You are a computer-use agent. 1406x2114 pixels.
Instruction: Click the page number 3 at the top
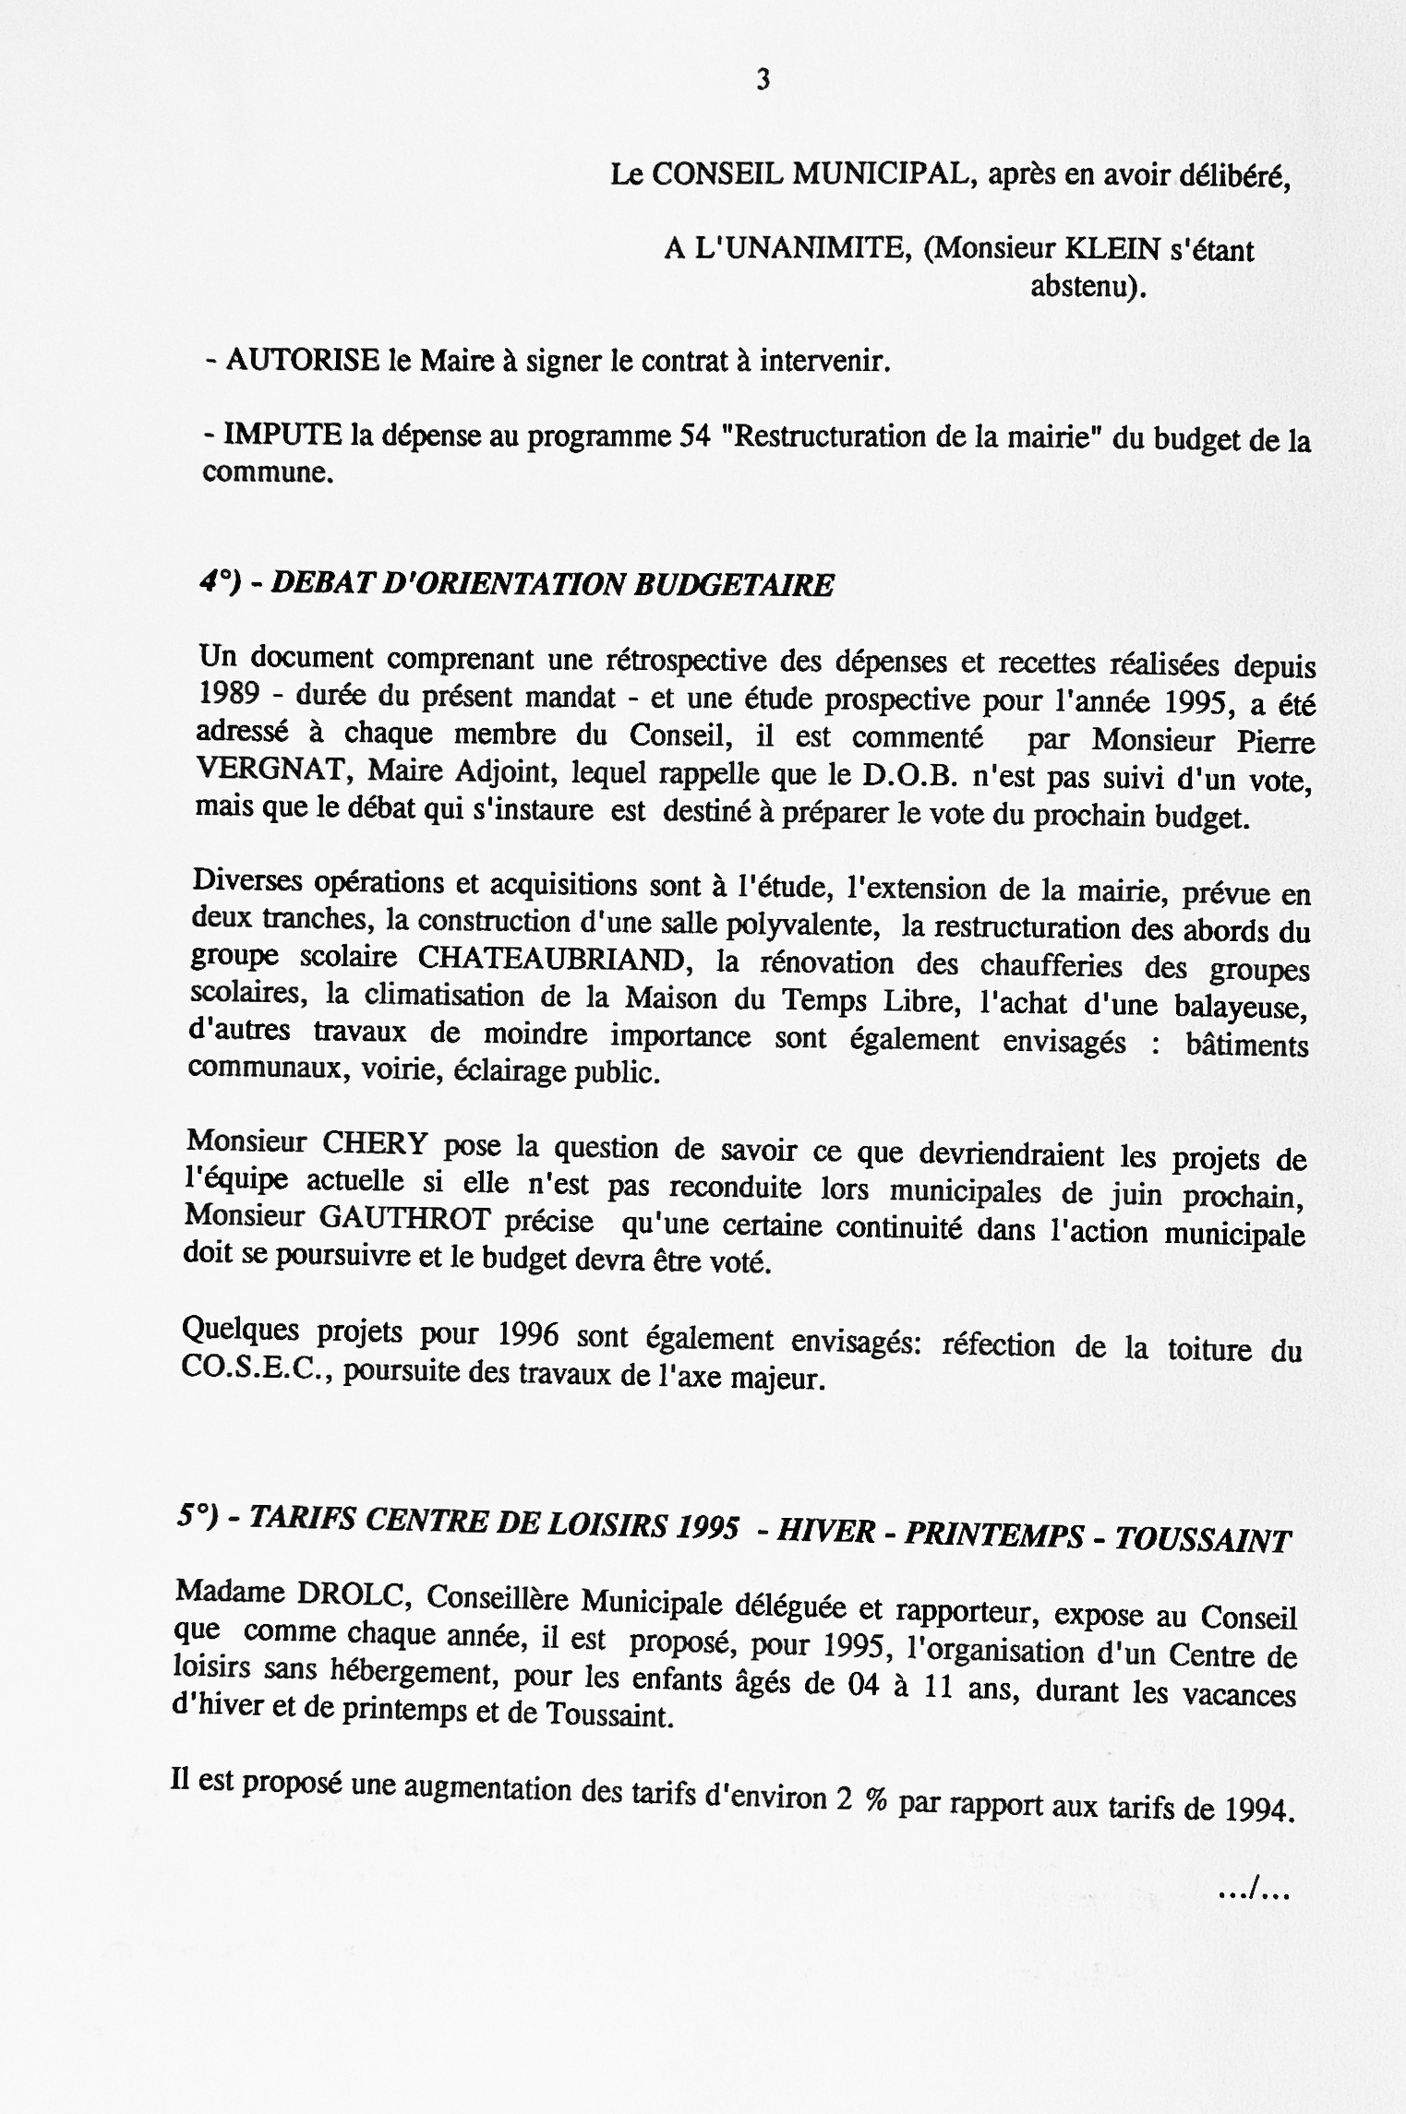pyautogui.click(x=763, y=80)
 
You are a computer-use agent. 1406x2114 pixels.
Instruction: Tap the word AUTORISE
pyautogui.click(x=303, y=359)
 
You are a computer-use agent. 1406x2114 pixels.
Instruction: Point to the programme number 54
pyautogui.click(x=693, y=436)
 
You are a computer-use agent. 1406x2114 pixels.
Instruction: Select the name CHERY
pyautogui.click(x=375, y=1143)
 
